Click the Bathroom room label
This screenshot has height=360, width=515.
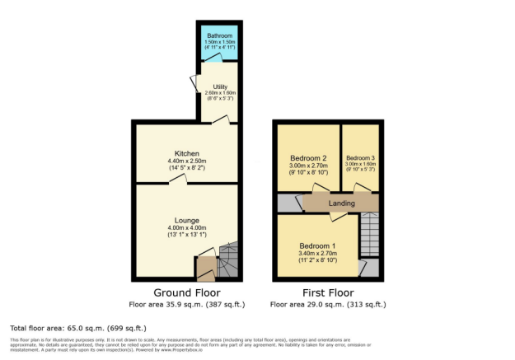coord(220,36)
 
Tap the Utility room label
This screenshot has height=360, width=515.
coord(220,86)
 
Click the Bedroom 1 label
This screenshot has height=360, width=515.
coord(318,246)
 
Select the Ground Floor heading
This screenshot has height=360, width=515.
coord(185,292)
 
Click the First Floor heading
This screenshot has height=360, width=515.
coord(327,292)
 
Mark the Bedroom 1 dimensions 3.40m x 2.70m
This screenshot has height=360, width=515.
coord(318,254)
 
